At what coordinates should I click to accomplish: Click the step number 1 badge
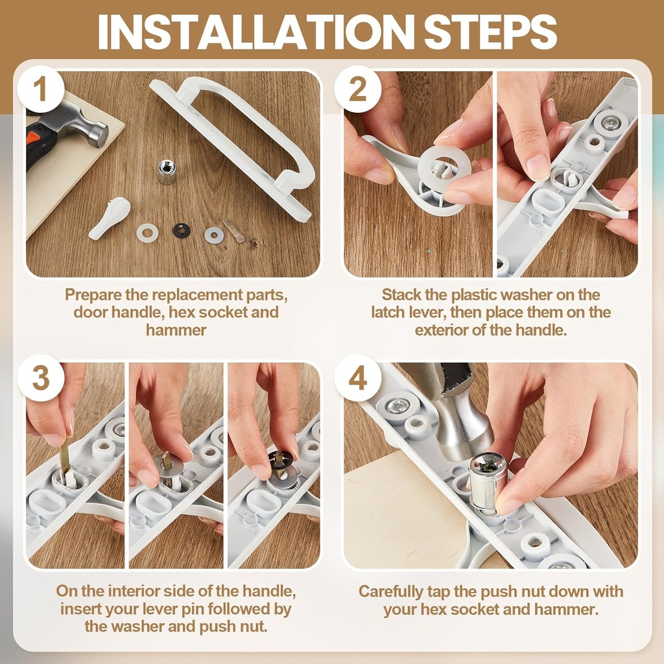pyautogui.click(x=40, y=89)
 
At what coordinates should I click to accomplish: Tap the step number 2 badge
pyautogui.click(x=357, y=89)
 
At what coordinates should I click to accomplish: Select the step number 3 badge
pyautogui.click(x=40, y=378)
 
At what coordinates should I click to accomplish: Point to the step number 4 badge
pyautogui.click(x=357, y=378)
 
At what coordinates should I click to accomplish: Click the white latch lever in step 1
pyautogui.click(x=109, y=218)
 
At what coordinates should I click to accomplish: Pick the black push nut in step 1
pyautogui.click(x=182, y=230)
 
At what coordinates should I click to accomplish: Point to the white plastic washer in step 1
pyautogui.click(x=147, y=232)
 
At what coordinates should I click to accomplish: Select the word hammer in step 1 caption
pyautogui.click(x=176, y=330)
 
